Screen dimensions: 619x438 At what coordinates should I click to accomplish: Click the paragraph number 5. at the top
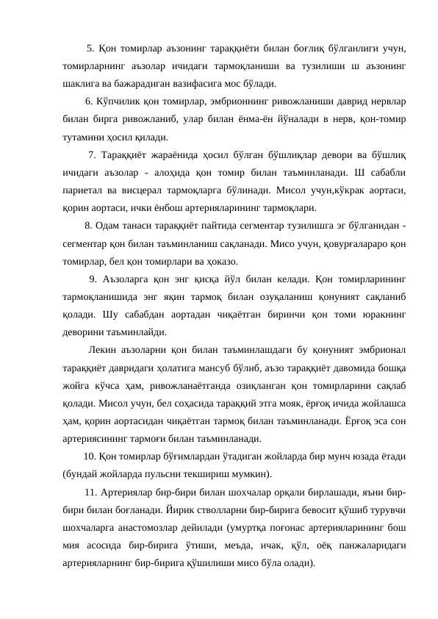pos(90,49)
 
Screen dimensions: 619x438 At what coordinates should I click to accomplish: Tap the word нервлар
pos(390,101)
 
